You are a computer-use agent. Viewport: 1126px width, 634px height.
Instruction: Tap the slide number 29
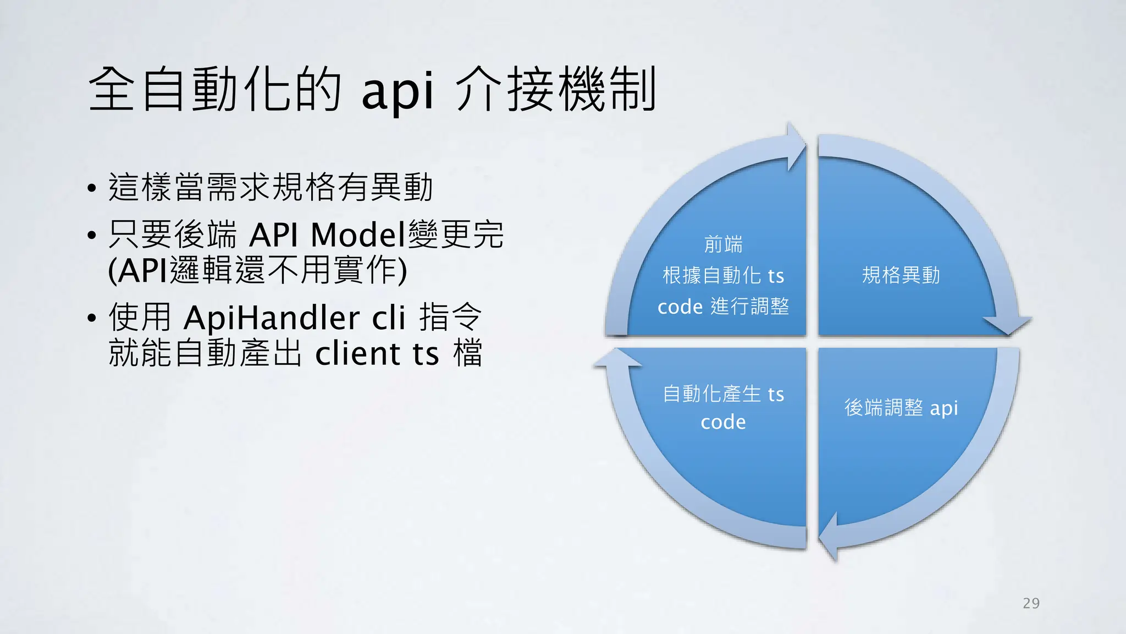click(1031, 603)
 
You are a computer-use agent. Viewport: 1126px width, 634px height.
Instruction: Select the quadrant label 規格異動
click(901, 275)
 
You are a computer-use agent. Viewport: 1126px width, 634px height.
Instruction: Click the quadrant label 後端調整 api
click(901, 408)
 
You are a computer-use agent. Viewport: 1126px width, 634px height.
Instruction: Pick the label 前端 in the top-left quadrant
click(723, 244)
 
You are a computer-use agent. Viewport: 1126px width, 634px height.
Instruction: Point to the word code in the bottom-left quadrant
click(723, 422)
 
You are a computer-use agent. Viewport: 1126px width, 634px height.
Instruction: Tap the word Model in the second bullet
click(357, 235)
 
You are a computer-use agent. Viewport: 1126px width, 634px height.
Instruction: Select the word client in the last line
click(358, 353)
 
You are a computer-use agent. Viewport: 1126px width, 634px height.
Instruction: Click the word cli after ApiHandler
click(389, 318)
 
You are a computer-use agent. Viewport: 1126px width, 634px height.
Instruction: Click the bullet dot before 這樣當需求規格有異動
click(92, 188)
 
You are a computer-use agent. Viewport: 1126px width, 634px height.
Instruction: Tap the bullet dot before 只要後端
click(92, 236)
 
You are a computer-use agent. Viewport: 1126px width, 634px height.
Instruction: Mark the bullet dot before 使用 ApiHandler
click(92, 318)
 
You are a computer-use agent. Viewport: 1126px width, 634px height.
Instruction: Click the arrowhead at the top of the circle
click(795, 146)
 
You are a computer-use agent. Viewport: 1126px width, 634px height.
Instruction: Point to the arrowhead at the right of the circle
click(1007, 325)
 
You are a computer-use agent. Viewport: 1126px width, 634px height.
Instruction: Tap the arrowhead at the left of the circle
click(617, 358)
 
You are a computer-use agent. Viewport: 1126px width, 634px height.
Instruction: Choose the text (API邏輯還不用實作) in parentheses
click(257, 271)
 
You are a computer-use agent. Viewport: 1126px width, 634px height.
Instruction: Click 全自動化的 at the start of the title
click(215, 89)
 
